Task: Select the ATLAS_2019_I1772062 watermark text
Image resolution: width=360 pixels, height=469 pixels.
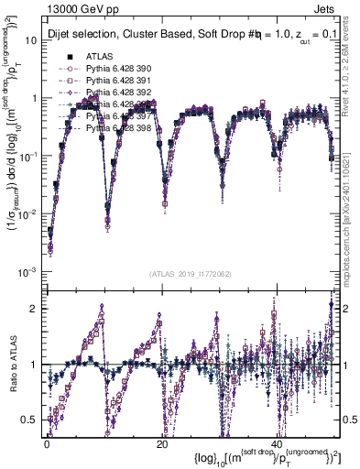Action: pos(191,274)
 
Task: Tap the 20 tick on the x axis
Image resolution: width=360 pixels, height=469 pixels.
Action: pos(161,443)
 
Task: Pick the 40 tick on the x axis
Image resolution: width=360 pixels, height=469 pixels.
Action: pos(277,443)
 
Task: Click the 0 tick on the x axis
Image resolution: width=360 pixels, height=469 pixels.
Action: pos(46,443)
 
